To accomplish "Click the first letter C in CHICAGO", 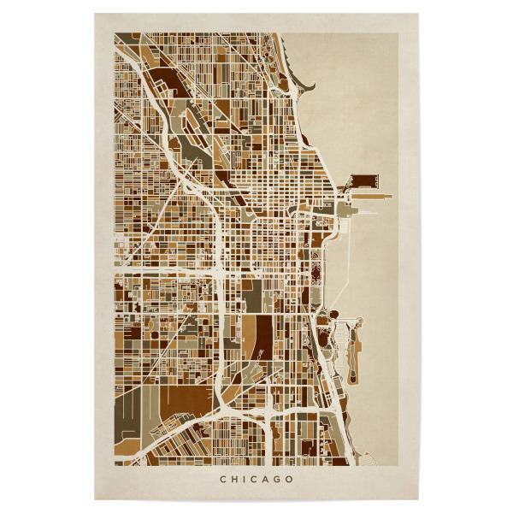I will (x=223, y=479).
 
